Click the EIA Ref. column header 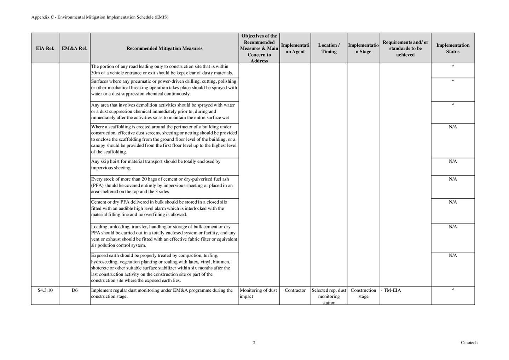[x=45, y=48]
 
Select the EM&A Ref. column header [x=74, y=48]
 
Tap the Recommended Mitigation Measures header [x=164, y=48]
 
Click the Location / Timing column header [x=329, y=48]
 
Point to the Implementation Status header [x=452, y=48]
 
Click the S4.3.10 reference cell [x=45, y=290]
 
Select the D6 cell [x=74, y=290]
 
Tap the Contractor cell [x=295, y=290]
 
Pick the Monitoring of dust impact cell [x=258, y=294]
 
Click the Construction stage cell [x=363, y=294]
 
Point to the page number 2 [x=254, y=342]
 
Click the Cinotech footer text [x=469, y=342]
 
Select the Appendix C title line [x=100, y=17]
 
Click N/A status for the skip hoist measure [x=453, y=162]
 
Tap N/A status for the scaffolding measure [x=453, y=127]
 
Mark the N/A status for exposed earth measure [x=453, y=255]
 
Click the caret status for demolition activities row [x=453, y=105]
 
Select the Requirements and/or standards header [x=405, y=48]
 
